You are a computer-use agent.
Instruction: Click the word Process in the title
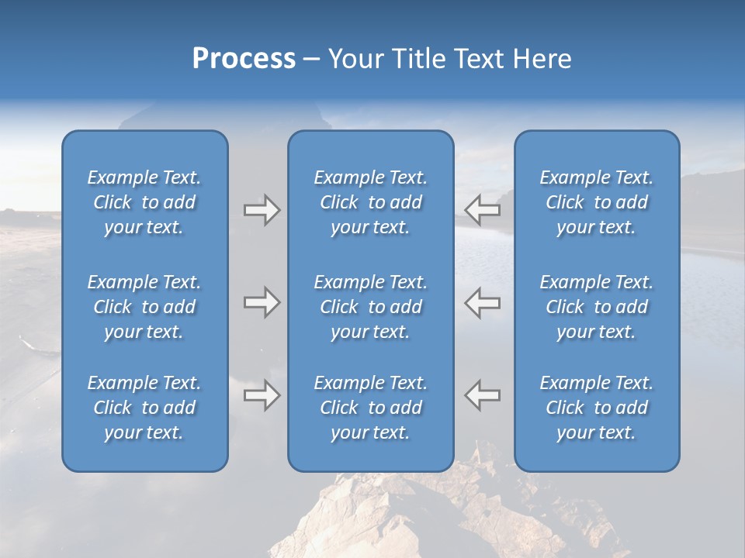(244, 59)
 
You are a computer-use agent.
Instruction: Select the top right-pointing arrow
(262, 210)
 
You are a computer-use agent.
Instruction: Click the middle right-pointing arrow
(262, 302)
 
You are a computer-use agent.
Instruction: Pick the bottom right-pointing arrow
(262, 395)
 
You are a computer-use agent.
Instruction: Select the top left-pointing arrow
(483, 210)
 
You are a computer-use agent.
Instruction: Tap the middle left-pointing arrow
(483, 302)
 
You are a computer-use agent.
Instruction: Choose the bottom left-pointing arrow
(483, 395)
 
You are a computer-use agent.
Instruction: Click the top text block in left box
(144, 202)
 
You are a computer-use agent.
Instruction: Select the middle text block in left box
(144, 307)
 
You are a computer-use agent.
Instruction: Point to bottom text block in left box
(144, 408)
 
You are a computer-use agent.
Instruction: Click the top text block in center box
(370, 202)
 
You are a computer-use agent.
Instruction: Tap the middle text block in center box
(370, 307)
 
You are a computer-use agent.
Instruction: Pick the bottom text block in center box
(370, 408)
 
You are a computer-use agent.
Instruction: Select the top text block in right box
(597, 202)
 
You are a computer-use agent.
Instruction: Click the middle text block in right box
(597, 307)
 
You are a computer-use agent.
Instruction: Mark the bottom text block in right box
(597, 408)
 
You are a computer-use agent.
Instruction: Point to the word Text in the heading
(476, 59)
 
